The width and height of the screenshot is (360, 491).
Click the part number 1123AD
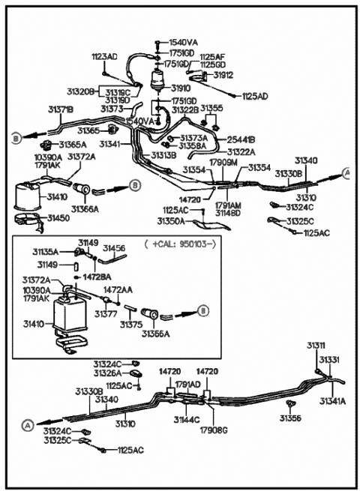pos(104,56)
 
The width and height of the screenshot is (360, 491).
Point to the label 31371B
pos(61,109)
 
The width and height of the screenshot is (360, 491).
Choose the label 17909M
pos(223,162)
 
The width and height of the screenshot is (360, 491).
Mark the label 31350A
pos(171,221)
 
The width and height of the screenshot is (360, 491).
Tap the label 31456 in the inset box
pos(113,247)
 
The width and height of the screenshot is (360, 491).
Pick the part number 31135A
pos(44,252)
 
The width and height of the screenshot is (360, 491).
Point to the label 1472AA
pos(118,289)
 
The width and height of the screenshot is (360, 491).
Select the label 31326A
pos(108,373)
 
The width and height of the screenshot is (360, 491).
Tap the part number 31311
pos(316,345)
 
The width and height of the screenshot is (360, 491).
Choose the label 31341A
pos(332,401)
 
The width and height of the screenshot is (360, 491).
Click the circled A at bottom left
pos(27,425)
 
